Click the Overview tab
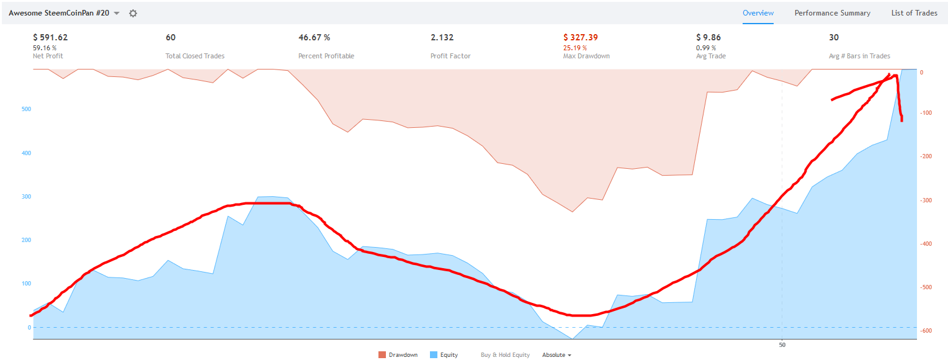758,13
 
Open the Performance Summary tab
832,13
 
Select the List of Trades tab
914,13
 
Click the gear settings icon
133,13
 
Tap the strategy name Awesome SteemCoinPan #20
59,13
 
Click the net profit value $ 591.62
50,37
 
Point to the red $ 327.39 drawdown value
580,37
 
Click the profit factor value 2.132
442,37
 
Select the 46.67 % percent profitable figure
314,37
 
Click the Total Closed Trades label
195,56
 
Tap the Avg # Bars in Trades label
859,56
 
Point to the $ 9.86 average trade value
709,37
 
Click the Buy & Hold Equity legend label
505,355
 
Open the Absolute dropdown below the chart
557,355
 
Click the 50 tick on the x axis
782,344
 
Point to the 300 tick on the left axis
26,197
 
